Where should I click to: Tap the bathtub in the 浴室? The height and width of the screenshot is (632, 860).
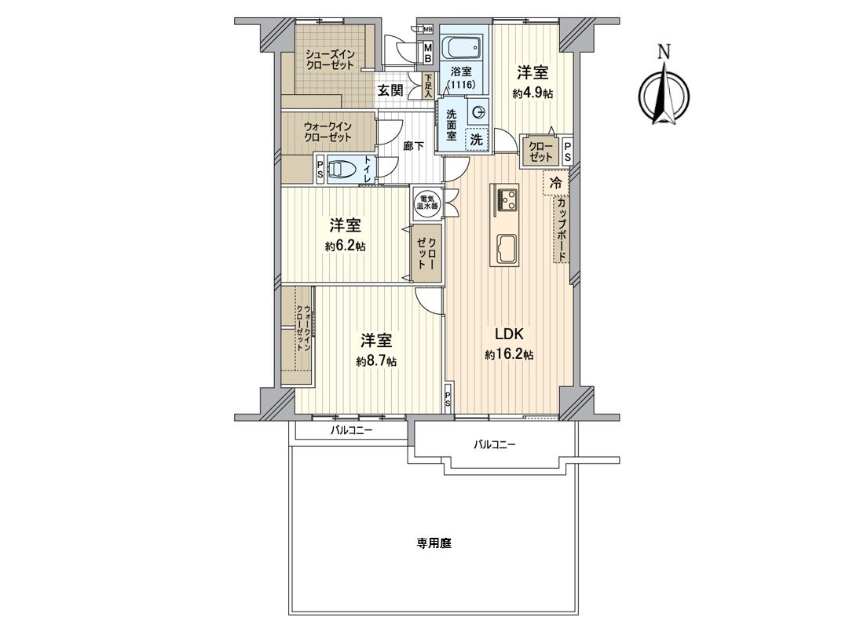coord(462,48)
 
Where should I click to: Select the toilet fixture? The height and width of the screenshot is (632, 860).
coord(342,169)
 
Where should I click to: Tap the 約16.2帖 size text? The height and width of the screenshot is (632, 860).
coord(509,355)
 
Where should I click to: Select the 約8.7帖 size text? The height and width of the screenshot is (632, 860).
coord(376,361)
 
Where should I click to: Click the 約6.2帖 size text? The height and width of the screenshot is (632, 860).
coord(345,246)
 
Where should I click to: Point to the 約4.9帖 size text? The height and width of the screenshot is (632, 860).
coord(532,93)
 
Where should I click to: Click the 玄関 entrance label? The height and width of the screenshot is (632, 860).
coord(390,90)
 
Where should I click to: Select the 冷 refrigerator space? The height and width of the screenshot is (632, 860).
coord(556,184)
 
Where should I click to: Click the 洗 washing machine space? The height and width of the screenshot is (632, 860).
coord(476,139)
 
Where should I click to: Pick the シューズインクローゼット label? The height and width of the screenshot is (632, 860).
coord(330,59)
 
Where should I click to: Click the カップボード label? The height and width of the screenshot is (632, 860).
coord(562,229)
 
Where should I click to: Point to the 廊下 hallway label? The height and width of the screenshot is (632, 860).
coord(414,146)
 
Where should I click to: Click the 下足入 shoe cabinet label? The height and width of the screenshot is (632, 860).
coord(428,85)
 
